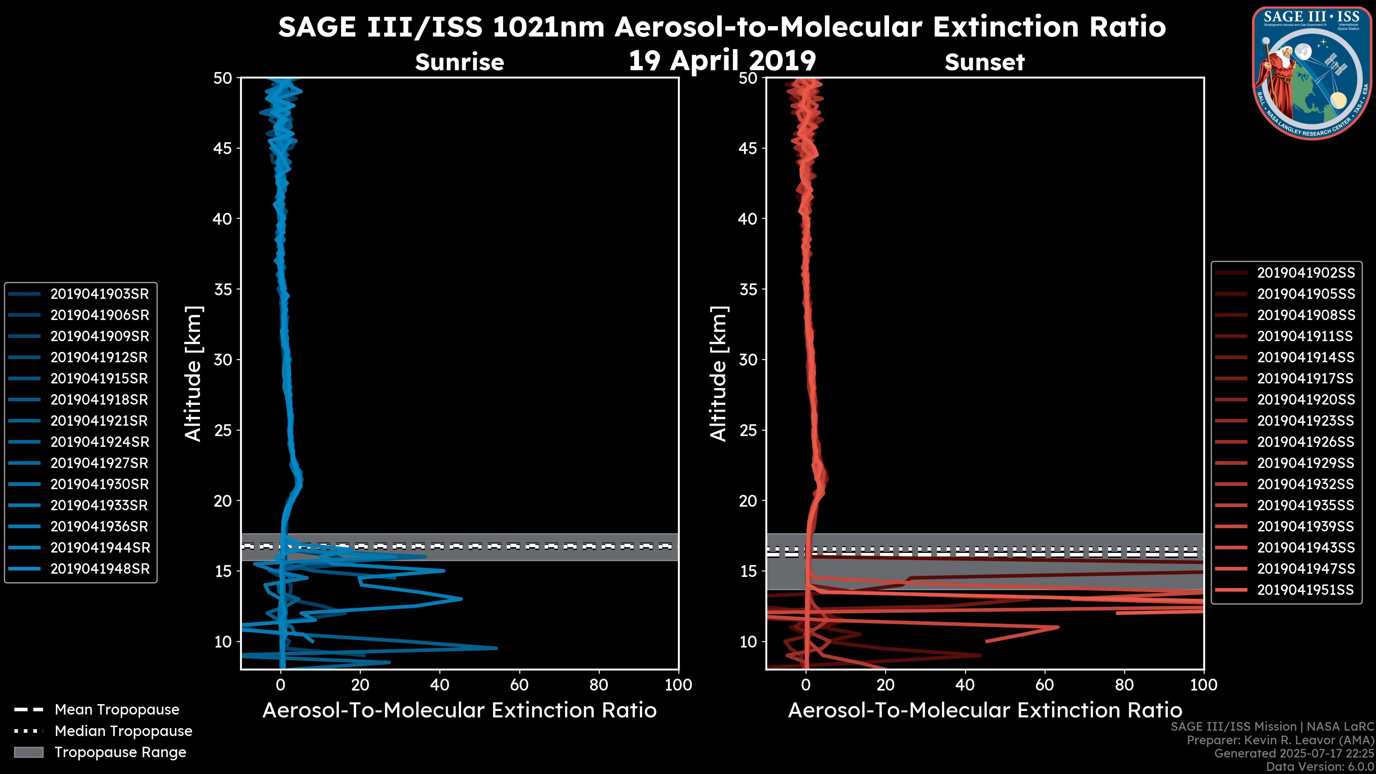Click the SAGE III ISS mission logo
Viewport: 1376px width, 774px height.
[1312, 73]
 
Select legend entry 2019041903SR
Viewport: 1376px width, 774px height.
[99, 294]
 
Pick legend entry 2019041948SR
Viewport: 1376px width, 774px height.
[99, 569]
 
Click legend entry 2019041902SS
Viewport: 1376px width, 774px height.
[1305, 273]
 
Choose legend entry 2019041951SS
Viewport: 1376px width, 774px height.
[1305, 590]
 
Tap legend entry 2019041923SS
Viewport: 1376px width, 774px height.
[1305, 421]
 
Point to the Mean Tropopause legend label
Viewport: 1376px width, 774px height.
[117, 710]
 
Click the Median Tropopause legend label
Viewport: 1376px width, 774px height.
[123, 731]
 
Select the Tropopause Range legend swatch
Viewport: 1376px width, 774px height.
[29, 752]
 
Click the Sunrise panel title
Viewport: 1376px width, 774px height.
[459, 62]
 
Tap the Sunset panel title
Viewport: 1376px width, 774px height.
[984, 62]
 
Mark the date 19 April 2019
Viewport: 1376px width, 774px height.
[722, 60]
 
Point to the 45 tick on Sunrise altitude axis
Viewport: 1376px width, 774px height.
[223, 148]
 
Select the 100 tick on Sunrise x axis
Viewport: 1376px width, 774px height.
[678, 685]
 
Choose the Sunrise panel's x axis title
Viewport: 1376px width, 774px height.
[459, 711]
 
